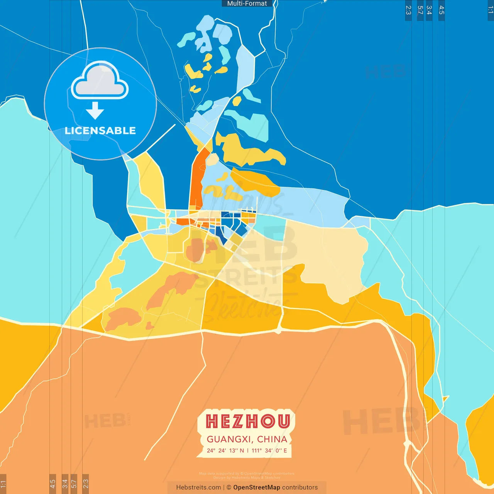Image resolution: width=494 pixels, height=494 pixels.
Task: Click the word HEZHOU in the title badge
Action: [x=247, y=421]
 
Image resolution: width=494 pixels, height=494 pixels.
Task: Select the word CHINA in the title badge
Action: [x=272, y=439]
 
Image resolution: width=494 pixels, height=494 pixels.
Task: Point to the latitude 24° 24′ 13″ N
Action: [x=225, y=450]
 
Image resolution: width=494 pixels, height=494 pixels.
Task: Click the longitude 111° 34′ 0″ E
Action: [x=269, y=450]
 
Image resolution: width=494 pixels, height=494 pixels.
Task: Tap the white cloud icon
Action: [x=100, y=81]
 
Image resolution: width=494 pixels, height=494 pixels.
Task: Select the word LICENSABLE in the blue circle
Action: [x=100, y=130]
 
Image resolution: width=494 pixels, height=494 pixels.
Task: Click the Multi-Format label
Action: [x=247, y=3]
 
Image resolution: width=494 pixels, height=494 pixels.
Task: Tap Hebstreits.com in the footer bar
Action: [x=198, y=487]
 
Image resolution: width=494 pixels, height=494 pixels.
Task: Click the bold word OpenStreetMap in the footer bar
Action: [x=257, y=487]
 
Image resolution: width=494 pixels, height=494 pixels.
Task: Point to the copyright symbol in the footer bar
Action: [x=229, y=487]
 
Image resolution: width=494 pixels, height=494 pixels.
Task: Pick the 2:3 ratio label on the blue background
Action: [x=408, y=10]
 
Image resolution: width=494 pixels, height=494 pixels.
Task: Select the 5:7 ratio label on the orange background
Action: [x=74, y=484]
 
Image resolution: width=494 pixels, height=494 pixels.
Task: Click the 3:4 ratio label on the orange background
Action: [x=65, y=484]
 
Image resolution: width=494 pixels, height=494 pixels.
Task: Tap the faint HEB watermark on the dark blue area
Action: [x=385, y=72]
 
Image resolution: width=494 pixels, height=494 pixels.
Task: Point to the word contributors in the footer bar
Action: [x=300, y=487]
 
